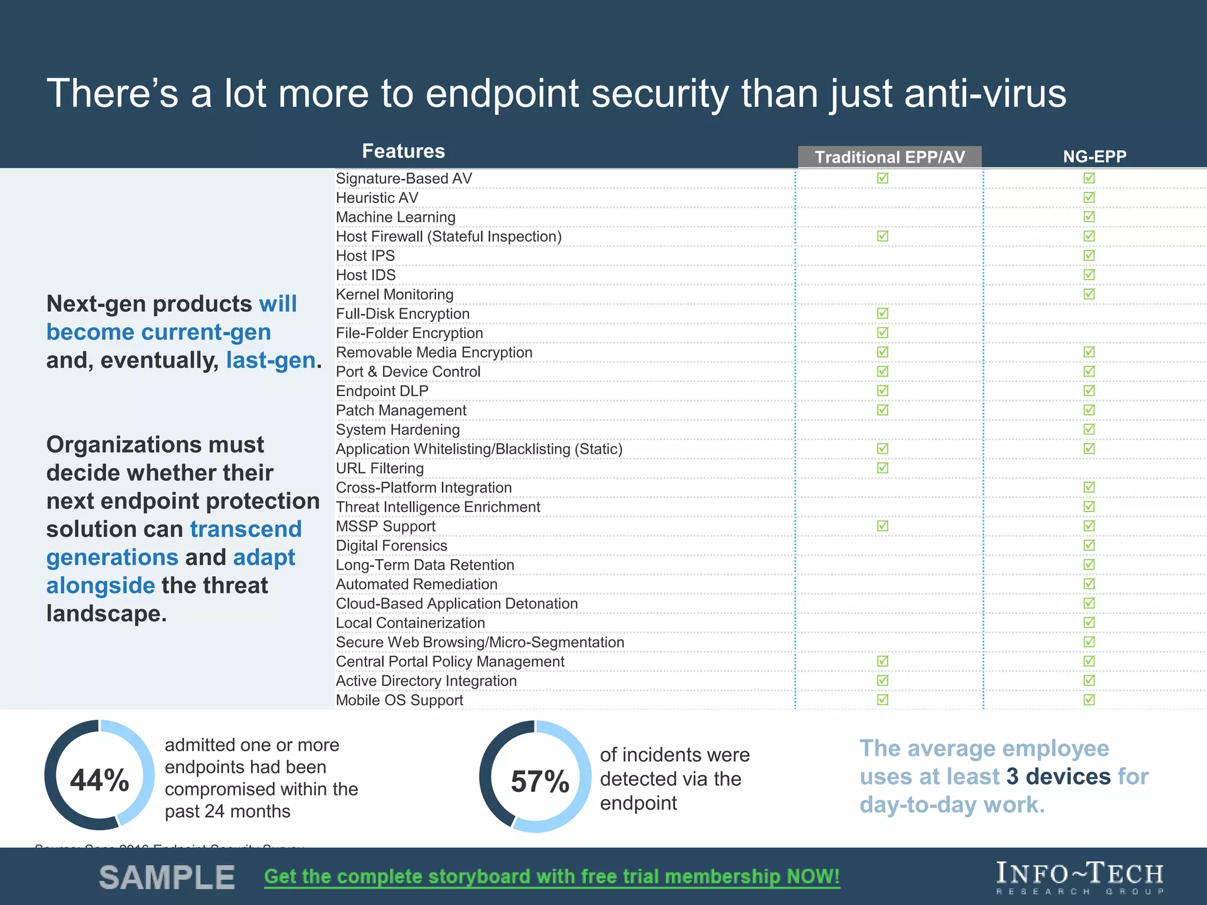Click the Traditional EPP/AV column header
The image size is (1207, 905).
click(889, 157)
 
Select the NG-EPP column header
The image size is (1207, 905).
click(1094, 156)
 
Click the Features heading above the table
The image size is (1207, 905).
click(403, 151)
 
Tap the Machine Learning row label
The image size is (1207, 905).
click(395, 217)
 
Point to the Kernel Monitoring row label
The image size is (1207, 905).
click(394, 294)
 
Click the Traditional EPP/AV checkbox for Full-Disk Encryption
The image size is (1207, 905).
click(882, 313)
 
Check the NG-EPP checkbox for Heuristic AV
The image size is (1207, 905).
click(1089, 197)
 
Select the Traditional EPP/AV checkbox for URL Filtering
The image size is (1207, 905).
click(882, 468)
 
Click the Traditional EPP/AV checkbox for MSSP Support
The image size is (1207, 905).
click(882, 526)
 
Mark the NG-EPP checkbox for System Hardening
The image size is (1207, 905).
click(1089, 429)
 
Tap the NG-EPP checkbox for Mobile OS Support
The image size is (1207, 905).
click(1089, 699)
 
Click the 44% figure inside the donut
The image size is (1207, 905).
click(100, 780)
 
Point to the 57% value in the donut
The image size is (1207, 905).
click(540, 781)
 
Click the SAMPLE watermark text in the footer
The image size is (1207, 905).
click(167, 878)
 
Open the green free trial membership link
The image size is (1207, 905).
click(552, 876)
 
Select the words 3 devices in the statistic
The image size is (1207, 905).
click(1058, 776)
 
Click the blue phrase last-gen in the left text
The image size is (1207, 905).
click(271, 360)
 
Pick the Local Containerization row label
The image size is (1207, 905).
click(410, 623)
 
